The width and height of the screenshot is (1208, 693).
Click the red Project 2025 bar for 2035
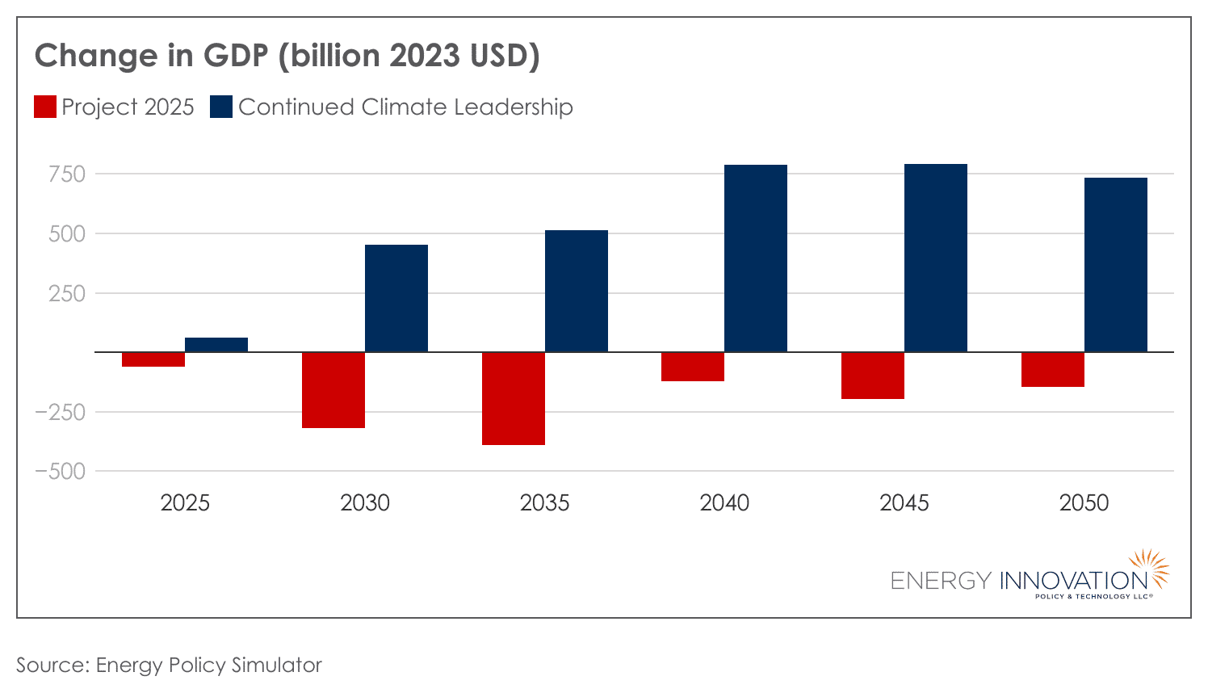pos(514,398)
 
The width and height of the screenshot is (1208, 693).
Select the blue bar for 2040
pos(756,258)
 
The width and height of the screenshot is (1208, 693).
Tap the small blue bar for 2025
pos(216,345)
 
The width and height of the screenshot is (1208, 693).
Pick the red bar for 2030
pos(333,390)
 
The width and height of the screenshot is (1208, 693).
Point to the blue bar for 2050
pos(1115,265)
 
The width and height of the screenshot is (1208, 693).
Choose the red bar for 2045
pos(873,376)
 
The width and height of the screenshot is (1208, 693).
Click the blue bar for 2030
pos(396,298)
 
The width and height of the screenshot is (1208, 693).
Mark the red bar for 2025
pos(153,359)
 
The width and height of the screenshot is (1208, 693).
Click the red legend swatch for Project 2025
pos(45,107)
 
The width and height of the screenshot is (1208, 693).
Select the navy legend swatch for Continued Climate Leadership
pos(221,107)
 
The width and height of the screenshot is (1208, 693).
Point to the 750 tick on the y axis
pos(67,174)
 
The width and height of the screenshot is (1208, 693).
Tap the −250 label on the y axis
pos(60,412)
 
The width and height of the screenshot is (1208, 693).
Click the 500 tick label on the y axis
pos(67,234)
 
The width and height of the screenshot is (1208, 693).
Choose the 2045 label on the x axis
pos(904,503)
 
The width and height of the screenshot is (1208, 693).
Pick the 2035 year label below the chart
pos(544,503)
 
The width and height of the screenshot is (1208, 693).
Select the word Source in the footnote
pos(50,665)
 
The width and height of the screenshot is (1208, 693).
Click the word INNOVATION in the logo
pos(1073,581)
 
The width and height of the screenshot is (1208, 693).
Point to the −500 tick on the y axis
pos(60,472)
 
